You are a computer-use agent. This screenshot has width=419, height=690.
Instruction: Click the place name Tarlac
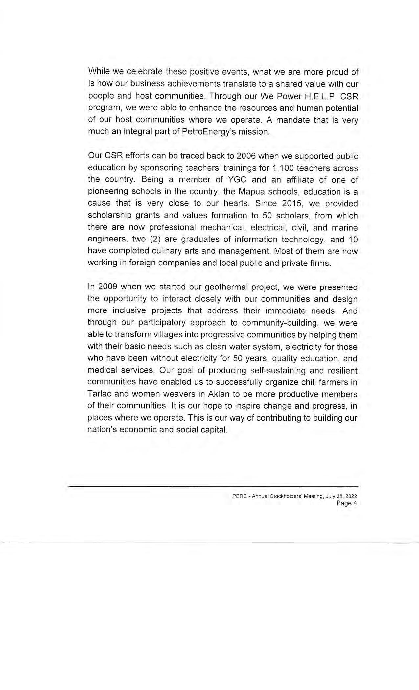(x=99, y=394)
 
